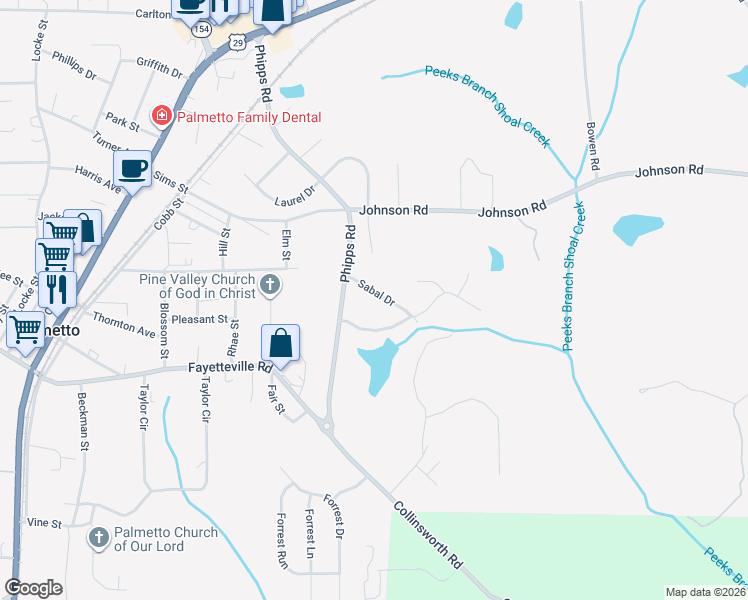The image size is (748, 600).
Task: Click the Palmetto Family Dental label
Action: pyautogui.click(x=249, y=117)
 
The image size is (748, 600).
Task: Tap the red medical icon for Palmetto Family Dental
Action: pyautogui.click(x=160, y=117)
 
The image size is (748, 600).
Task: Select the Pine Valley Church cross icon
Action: pyautogui.click(x=269, y=287)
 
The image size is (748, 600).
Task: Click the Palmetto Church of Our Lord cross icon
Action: pyautogui.click(x=98, y=539)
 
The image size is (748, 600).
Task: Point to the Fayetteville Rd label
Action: pyautogui.click(x=231, y=368)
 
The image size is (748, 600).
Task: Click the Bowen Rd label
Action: pyautogui.click(x=592, y=148)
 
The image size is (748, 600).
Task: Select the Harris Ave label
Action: pyautogui.click(x=97, y=179)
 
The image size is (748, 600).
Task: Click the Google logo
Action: pyautogui.click(x=33, y=588)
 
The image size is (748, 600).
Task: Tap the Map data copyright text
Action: pyautogui.click(x=705, y=592)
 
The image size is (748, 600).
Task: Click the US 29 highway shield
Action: pyautogui.click(x=236, y=40)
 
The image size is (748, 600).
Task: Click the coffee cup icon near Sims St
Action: pyautogui.click(x=134, y=167)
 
